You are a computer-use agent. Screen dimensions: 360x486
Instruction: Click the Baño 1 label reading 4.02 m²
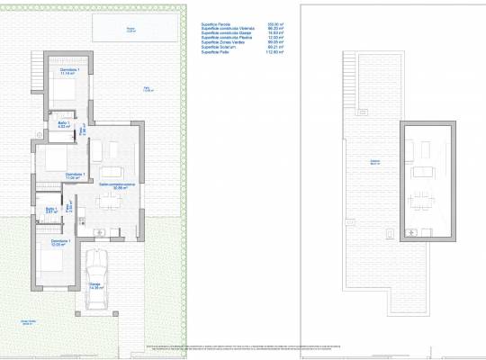click(63, 125)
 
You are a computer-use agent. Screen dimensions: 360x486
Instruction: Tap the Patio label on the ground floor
click(148, 88)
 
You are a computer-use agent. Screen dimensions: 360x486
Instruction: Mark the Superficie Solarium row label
click(219, 48)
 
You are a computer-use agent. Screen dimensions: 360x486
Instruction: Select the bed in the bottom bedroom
click(49, 266)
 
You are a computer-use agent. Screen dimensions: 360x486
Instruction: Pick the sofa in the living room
click(112, 171)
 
